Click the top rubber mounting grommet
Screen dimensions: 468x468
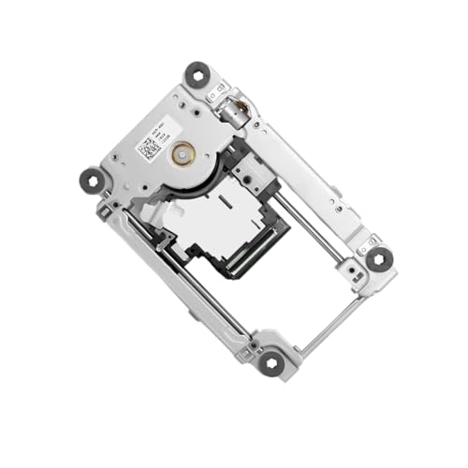pyautogui.click(x=197, y=74)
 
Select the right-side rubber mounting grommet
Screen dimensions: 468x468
pyautogui.click(x=378, y=259)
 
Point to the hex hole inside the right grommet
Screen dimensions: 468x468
pyautogui.click(x=378, y=259)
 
